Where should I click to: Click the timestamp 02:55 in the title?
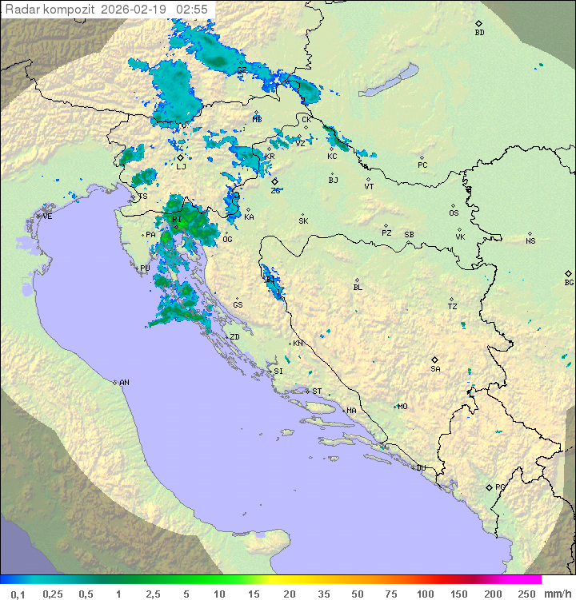[192, 9]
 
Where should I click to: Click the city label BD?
[479, 33]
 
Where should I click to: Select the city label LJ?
[181, 166]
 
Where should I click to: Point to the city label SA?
[435, 368]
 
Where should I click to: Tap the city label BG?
[569, 282]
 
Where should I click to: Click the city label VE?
[47, 217]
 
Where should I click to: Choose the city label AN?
[124, 383]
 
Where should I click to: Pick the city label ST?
[317, 391]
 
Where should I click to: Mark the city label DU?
[421, 468]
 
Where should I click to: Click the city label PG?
[500, 487]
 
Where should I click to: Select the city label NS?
[530, 241]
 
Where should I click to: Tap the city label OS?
[454, 213]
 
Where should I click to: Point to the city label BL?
[358, 288]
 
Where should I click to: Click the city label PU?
[145, 268]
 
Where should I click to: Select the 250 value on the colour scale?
[526, 594]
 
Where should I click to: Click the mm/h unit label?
[555, 594]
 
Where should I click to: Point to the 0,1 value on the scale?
[18, 594]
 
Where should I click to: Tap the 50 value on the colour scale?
[357, 594]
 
